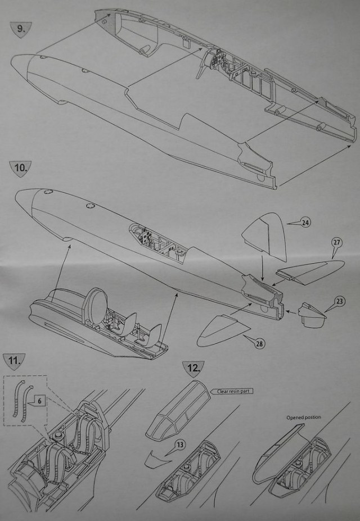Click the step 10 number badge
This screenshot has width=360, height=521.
pos(20,167)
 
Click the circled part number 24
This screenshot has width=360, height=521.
pos(305,223)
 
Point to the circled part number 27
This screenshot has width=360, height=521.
pos(337,243)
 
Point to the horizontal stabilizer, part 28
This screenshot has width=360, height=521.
pos(219,332)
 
